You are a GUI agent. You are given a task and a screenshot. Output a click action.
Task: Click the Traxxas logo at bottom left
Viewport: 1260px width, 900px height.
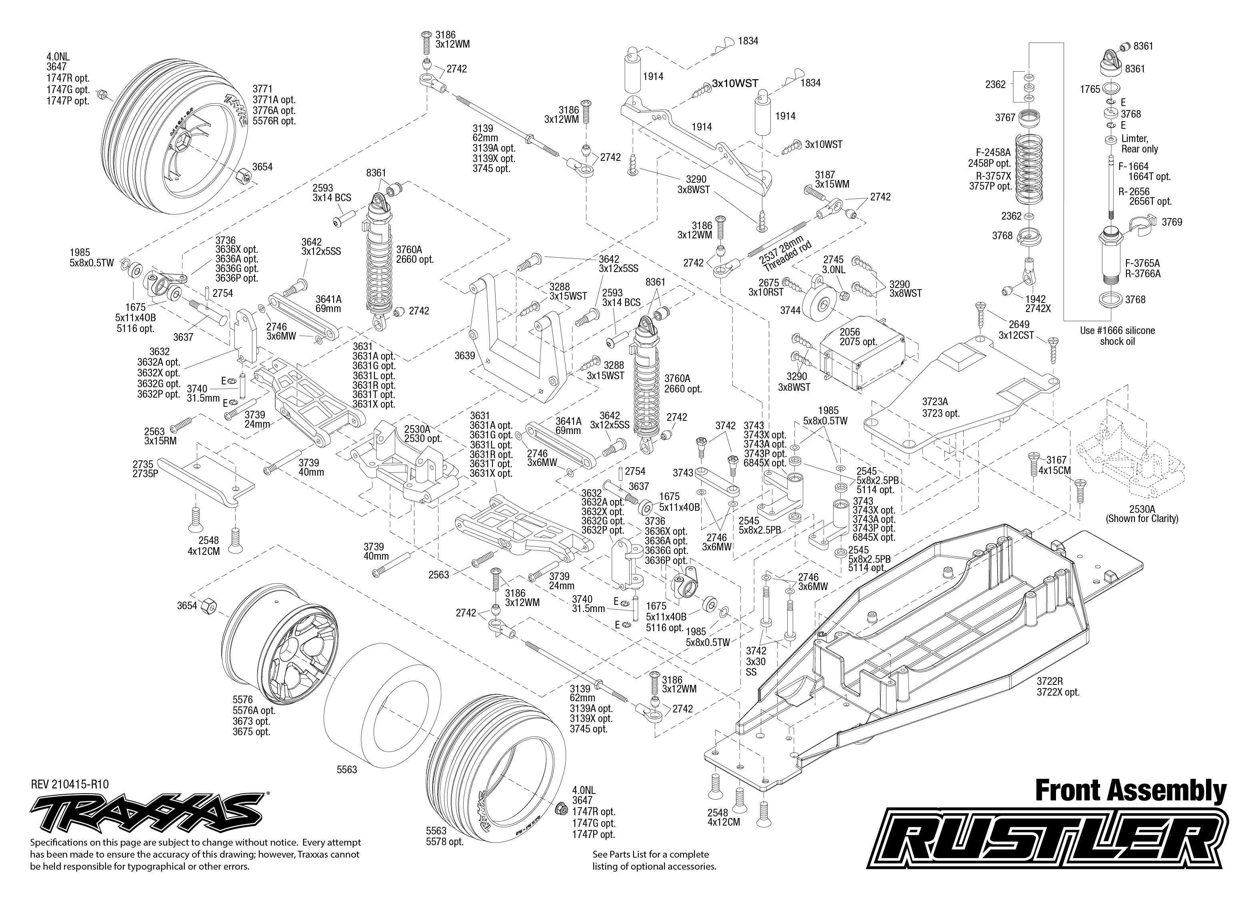147,811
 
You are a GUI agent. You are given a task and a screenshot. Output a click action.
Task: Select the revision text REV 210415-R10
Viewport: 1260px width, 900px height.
70,784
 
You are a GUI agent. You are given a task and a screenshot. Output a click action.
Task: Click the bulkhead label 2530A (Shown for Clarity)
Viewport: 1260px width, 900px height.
1142,513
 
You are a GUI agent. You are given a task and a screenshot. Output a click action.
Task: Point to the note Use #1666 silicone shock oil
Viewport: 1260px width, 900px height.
1117,336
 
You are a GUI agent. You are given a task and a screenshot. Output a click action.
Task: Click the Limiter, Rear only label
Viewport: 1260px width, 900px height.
1139,144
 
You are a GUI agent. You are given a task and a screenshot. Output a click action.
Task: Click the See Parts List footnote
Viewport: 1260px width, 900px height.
654,860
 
